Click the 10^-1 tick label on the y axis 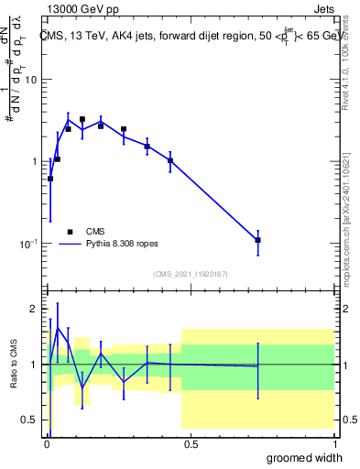coord(27,243)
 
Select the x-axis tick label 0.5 coord(191,442)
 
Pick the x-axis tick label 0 coord(46,442)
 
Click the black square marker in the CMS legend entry coord(70,232)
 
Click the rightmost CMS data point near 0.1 coord(258,240)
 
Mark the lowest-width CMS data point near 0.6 coord(49,179)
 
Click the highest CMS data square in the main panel coord(82,119)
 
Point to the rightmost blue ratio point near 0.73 coord(258,366)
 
